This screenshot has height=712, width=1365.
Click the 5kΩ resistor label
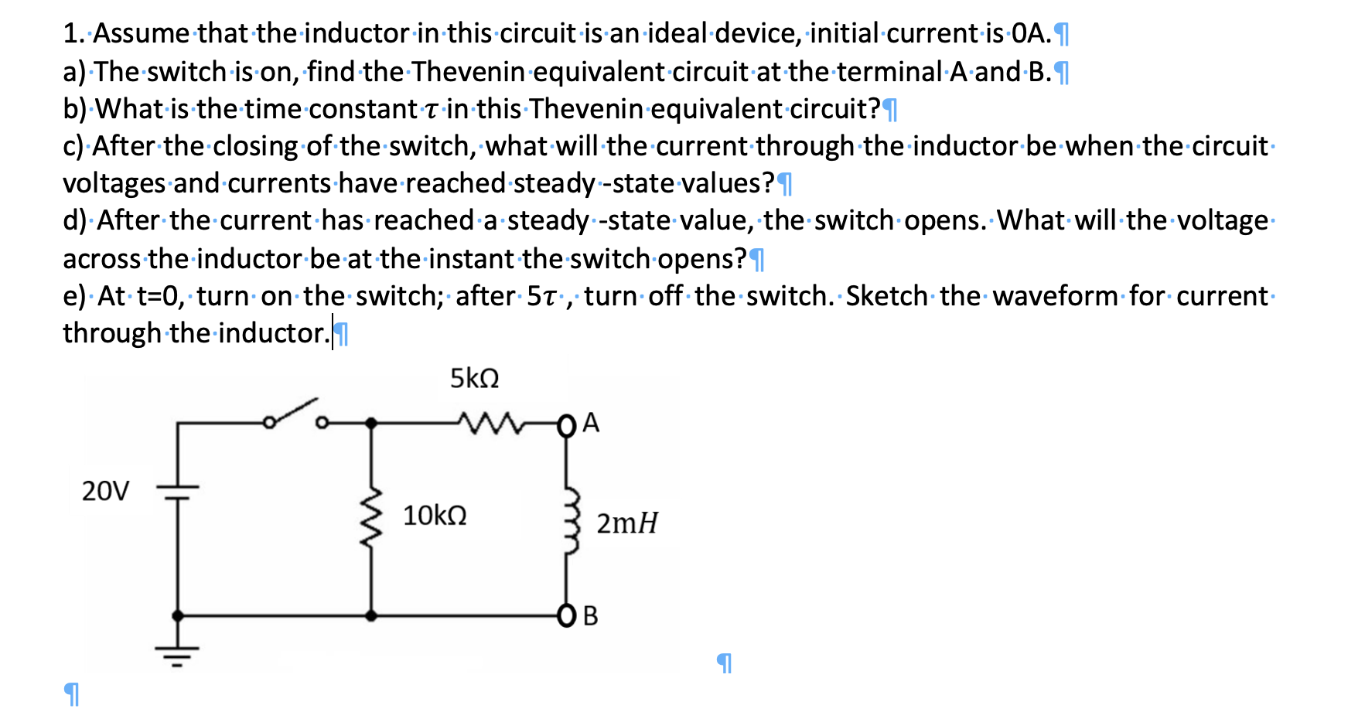(x=474, y=379)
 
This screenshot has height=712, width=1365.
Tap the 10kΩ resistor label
(x=435, y=516)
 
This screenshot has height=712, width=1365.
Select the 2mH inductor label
(x=626, y=523)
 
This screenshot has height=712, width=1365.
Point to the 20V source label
(x=106, y=491)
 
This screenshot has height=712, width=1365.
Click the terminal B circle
(x=566, y=616)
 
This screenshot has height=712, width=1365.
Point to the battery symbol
(x=178, y=491)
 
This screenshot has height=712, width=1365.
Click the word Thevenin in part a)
(x=469, y=72)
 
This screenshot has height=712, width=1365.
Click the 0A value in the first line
(x=1031, y=33)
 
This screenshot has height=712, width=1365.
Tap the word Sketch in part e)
(x=886, y=296)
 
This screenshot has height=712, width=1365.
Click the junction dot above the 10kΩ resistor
(x=371, y=423)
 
